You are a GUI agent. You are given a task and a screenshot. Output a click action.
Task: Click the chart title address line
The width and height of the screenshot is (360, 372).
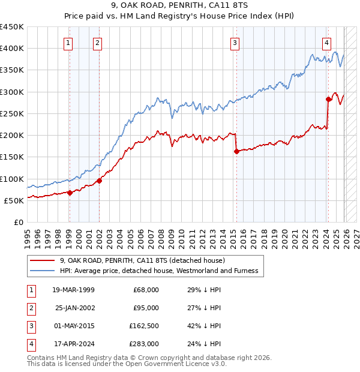pyautogui.click(x=180, y=6)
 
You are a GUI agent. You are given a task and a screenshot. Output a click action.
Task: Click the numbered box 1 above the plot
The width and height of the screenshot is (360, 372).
pyautogui.click(x=68, y=43)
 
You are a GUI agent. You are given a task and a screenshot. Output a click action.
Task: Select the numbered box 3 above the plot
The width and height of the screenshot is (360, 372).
pyautogui.click(x=235, y=43)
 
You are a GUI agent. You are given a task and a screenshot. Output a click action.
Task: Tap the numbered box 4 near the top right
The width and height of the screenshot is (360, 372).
pyautogui.click(x=326, y=43)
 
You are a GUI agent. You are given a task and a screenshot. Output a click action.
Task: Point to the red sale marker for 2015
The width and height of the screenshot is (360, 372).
pyautogui.click(x=236, y=151)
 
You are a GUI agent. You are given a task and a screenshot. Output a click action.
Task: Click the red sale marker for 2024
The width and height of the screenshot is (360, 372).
pyautogui.click(x=329, y=99)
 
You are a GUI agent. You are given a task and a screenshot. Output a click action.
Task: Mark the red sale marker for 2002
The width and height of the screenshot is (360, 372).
pyautogui.click(x=99, y=181)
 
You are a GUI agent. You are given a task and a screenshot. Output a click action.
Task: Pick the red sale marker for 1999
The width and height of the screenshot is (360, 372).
pyautogui.click(x=70, y=193)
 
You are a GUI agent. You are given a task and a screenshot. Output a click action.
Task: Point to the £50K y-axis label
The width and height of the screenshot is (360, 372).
pyautogui.click(x=14, y=200)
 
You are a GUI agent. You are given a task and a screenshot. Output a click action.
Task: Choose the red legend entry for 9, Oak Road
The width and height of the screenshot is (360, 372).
pyautogui.click(x=142, y=260)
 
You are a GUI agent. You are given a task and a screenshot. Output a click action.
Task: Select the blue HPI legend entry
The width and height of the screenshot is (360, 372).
pyautogui.click(x=159, y=271)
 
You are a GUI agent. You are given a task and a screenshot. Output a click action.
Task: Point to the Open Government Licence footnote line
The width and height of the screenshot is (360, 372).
pyautogui.click(x=127, y=364)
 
